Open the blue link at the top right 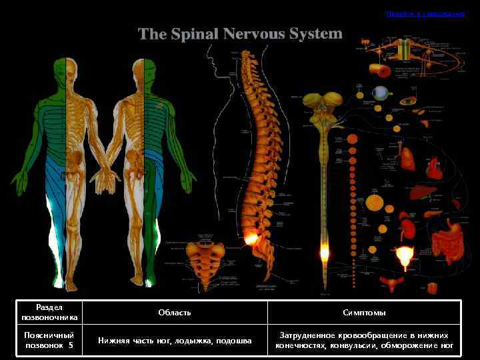tap(425, 13)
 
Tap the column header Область tap(175, 313)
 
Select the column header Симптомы tap(364, 313)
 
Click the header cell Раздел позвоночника tap(51, 313)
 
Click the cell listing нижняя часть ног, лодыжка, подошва tap(175, 341)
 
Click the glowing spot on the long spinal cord tap(325, 253)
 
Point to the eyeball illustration tap(381, 94)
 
